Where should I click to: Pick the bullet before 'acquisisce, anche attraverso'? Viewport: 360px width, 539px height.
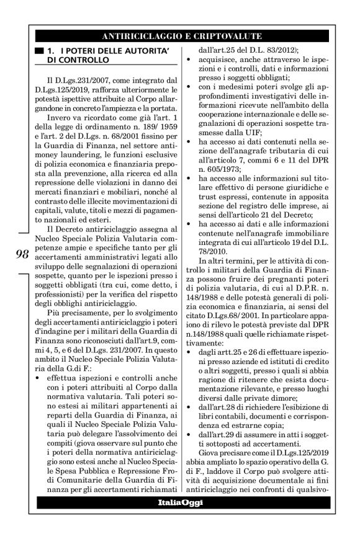click(x=189, y=58)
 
